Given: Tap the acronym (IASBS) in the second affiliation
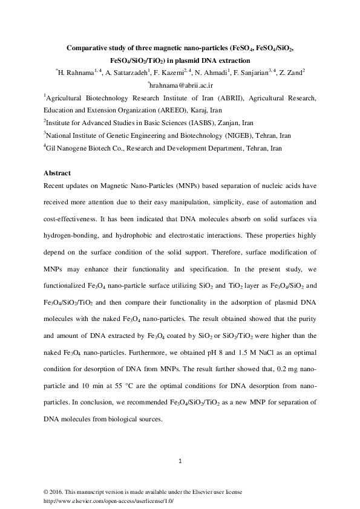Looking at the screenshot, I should point(183,124).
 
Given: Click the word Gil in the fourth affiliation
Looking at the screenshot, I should point(51,149).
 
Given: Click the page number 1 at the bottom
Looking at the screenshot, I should point(180,462).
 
